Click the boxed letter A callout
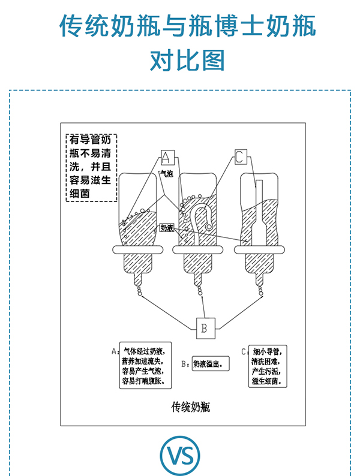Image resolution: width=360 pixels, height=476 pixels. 167,158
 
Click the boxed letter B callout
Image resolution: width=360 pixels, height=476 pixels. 204,327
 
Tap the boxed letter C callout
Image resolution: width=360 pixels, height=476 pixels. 239,158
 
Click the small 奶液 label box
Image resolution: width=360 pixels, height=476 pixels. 167,228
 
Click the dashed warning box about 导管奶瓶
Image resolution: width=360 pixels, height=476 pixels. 91,168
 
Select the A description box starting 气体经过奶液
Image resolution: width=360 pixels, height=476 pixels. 146,365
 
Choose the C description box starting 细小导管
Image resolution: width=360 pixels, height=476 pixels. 270,365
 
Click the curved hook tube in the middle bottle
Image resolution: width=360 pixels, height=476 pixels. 203,217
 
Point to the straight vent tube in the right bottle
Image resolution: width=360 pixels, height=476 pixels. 259,210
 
